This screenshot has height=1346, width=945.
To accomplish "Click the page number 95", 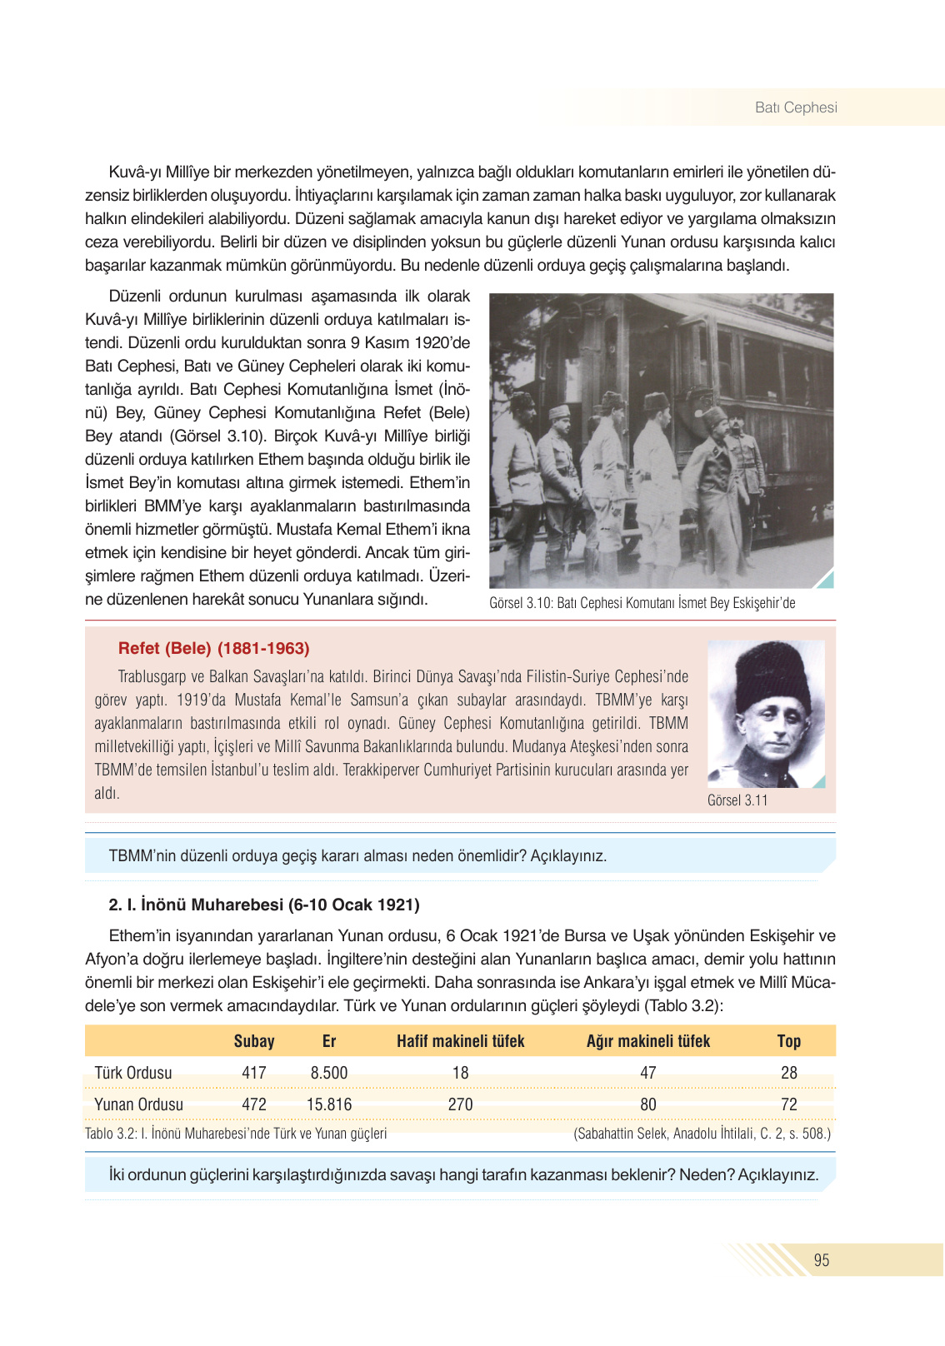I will [821, 1260].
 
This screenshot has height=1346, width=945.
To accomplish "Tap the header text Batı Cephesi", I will [795, 107].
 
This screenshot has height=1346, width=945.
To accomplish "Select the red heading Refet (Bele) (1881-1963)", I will [213, 648].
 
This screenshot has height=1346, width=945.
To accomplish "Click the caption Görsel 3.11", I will [737, 800].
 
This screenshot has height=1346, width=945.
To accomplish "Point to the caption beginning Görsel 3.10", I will [642, 603].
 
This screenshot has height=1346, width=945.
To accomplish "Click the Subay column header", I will [254, 1041].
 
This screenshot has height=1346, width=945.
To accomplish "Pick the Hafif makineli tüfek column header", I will [460, 1041].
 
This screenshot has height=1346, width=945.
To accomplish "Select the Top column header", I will [788, 1041].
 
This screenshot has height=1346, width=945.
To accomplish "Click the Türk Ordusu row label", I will [132, 1073].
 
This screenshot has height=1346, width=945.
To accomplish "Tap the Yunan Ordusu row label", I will [138, 1104].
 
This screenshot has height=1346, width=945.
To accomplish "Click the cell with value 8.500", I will [328, 1073].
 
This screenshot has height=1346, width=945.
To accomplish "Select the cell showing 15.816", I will [328, 1104].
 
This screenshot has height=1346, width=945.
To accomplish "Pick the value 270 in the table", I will [460, 1104].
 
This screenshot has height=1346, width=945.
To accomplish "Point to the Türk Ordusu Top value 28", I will [788, 1073].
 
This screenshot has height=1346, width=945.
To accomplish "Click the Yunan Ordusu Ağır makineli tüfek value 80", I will [647, 1104].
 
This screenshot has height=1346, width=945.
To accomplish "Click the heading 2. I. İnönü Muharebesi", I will [263, 905].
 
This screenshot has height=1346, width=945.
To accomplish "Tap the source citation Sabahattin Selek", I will [702, 1134].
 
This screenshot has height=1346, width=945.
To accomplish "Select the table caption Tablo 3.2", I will [235, 1134].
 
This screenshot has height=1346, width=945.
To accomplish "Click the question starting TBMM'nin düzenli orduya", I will [357, 855].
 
